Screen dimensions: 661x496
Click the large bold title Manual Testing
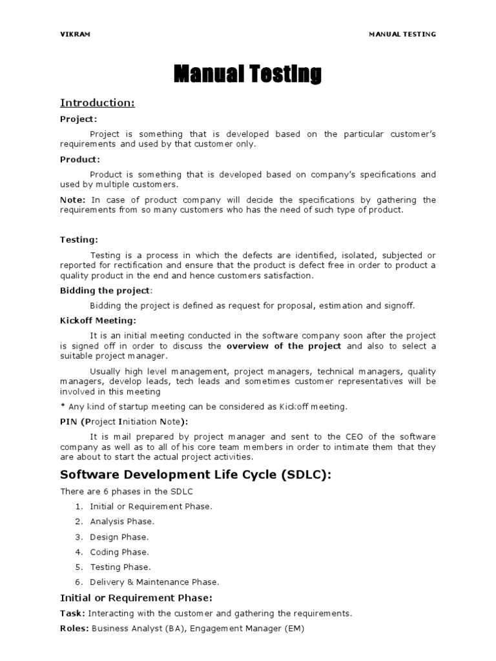point(247,75)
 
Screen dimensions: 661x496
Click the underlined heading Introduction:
point(98,103)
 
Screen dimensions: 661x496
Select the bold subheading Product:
point(80,159)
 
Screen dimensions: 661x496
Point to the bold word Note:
point(72,199)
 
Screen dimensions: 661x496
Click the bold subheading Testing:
point(79,239)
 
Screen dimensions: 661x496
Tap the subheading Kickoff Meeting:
point(98,320)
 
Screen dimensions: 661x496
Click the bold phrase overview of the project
point(284,346)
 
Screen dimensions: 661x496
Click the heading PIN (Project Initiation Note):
point(124,422)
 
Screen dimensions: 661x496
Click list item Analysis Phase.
point(122,522)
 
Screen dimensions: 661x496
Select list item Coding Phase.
point(119,552)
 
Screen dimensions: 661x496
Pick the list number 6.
point(78,582)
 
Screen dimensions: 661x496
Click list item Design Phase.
point(119,537)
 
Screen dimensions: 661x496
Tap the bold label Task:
point(73,613)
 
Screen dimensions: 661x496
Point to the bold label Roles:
point(75,628)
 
